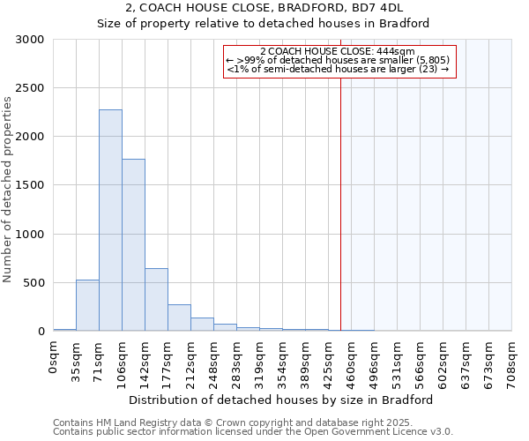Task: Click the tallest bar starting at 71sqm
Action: coord(110,220)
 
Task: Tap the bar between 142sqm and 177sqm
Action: coord(156,300)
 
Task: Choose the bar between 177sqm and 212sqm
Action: coord(179,318)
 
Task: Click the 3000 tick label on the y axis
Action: coord(30,40)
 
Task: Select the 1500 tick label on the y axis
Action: coord(30,186)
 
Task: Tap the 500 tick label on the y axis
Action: coord(34,283)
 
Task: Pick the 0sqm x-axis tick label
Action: coord(54,355)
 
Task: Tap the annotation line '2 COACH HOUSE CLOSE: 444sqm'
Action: coord(340,51)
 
